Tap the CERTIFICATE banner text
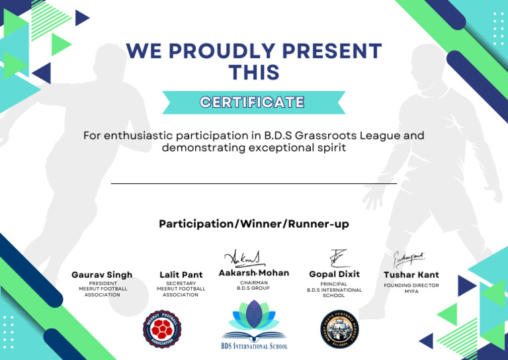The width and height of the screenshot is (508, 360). pyautogui.click(x=253, y=102)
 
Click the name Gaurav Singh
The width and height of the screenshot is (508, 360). pyautogui.click(x=102, y=275)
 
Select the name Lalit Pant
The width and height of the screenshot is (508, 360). pyautogui.click(x=181, y=275)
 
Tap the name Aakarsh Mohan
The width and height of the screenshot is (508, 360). pyautogui.click(x=253, y=273)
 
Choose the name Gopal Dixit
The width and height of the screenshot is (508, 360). pyautogui.click(x=334, y=274)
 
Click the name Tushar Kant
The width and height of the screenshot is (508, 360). pyautogui.click(x=411, y=275)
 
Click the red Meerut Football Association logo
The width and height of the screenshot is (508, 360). pyautogui.click(x=161, y=328)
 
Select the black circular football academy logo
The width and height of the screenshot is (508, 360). pyautogui.click(x=339, y=328)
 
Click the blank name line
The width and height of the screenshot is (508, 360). pyautogui.click(x=254, y=183)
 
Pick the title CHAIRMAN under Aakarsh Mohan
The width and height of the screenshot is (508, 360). pyautogui.click(x=253, y=283)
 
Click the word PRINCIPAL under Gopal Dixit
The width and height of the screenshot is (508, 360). pyautogui.click(x=334, y=284)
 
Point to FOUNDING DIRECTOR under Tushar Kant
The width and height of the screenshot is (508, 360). pyautogui.click(x=411, y=285)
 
